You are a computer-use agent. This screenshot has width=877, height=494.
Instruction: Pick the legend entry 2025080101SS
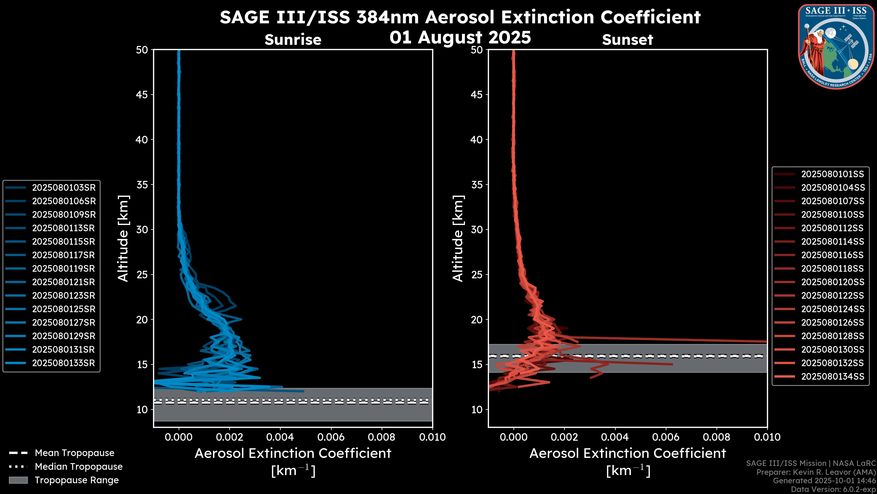pyautogui.click(x=832, y=174)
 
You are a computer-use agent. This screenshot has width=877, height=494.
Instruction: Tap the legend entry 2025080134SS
pyautogui.click(x=832, y=376)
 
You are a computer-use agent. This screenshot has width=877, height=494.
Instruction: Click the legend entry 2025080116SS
pyautogui.click(x=832, y=255)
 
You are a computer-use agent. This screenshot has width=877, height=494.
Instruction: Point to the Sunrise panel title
pyautogui.click(x=293, y=40)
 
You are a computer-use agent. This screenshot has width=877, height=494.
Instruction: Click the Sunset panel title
pyautogui.click(x=627, y=40)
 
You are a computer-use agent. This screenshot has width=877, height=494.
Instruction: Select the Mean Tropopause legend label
pyautogui.click(x=74, y=453)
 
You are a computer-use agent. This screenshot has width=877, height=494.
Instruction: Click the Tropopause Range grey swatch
pyautogui.click(x=18, y=480)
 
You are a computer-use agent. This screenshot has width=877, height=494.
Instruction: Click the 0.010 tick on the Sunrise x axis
pyautogui.click(x=432, y=437)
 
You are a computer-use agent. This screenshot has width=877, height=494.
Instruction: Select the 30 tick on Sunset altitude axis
pyautogui.click(x=477, y=229)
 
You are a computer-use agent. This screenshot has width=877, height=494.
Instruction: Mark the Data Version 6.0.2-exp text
pyautogui.click(x=833, y=489)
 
